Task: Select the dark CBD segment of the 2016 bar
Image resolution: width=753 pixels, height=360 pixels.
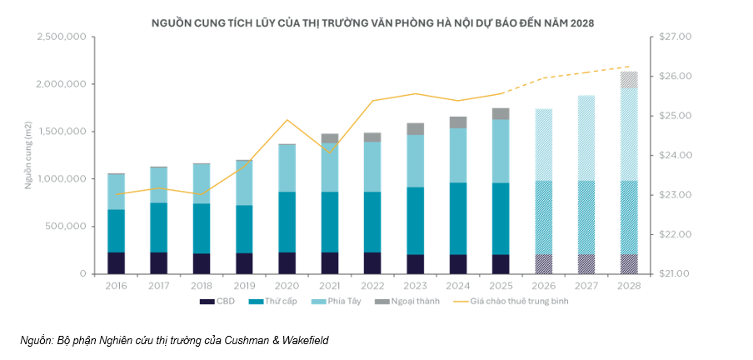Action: pyautogui.click(x=116, y=262)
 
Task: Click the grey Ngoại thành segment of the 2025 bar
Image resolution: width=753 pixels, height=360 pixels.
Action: pyautogui.click(x=500, y=113)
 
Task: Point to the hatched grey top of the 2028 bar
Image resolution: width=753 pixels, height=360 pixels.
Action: pyautogui.click(x=629, y=79)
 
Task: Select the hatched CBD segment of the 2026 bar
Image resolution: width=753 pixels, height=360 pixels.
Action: pyautogui.click(x=543, y=263)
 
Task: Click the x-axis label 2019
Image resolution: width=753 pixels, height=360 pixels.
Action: pyautogui.click(x=244, y=285)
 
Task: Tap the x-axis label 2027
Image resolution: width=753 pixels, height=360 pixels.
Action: pyautogui.click(x=586, y=285)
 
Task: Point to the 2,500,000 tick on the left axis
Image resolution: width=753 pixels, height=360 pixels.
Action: pyautogui.click(x=62, y=37)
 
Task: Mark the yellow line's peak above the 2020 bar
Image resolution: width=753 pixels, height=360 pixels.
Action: pyautogui.click(x=287, y=120)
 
